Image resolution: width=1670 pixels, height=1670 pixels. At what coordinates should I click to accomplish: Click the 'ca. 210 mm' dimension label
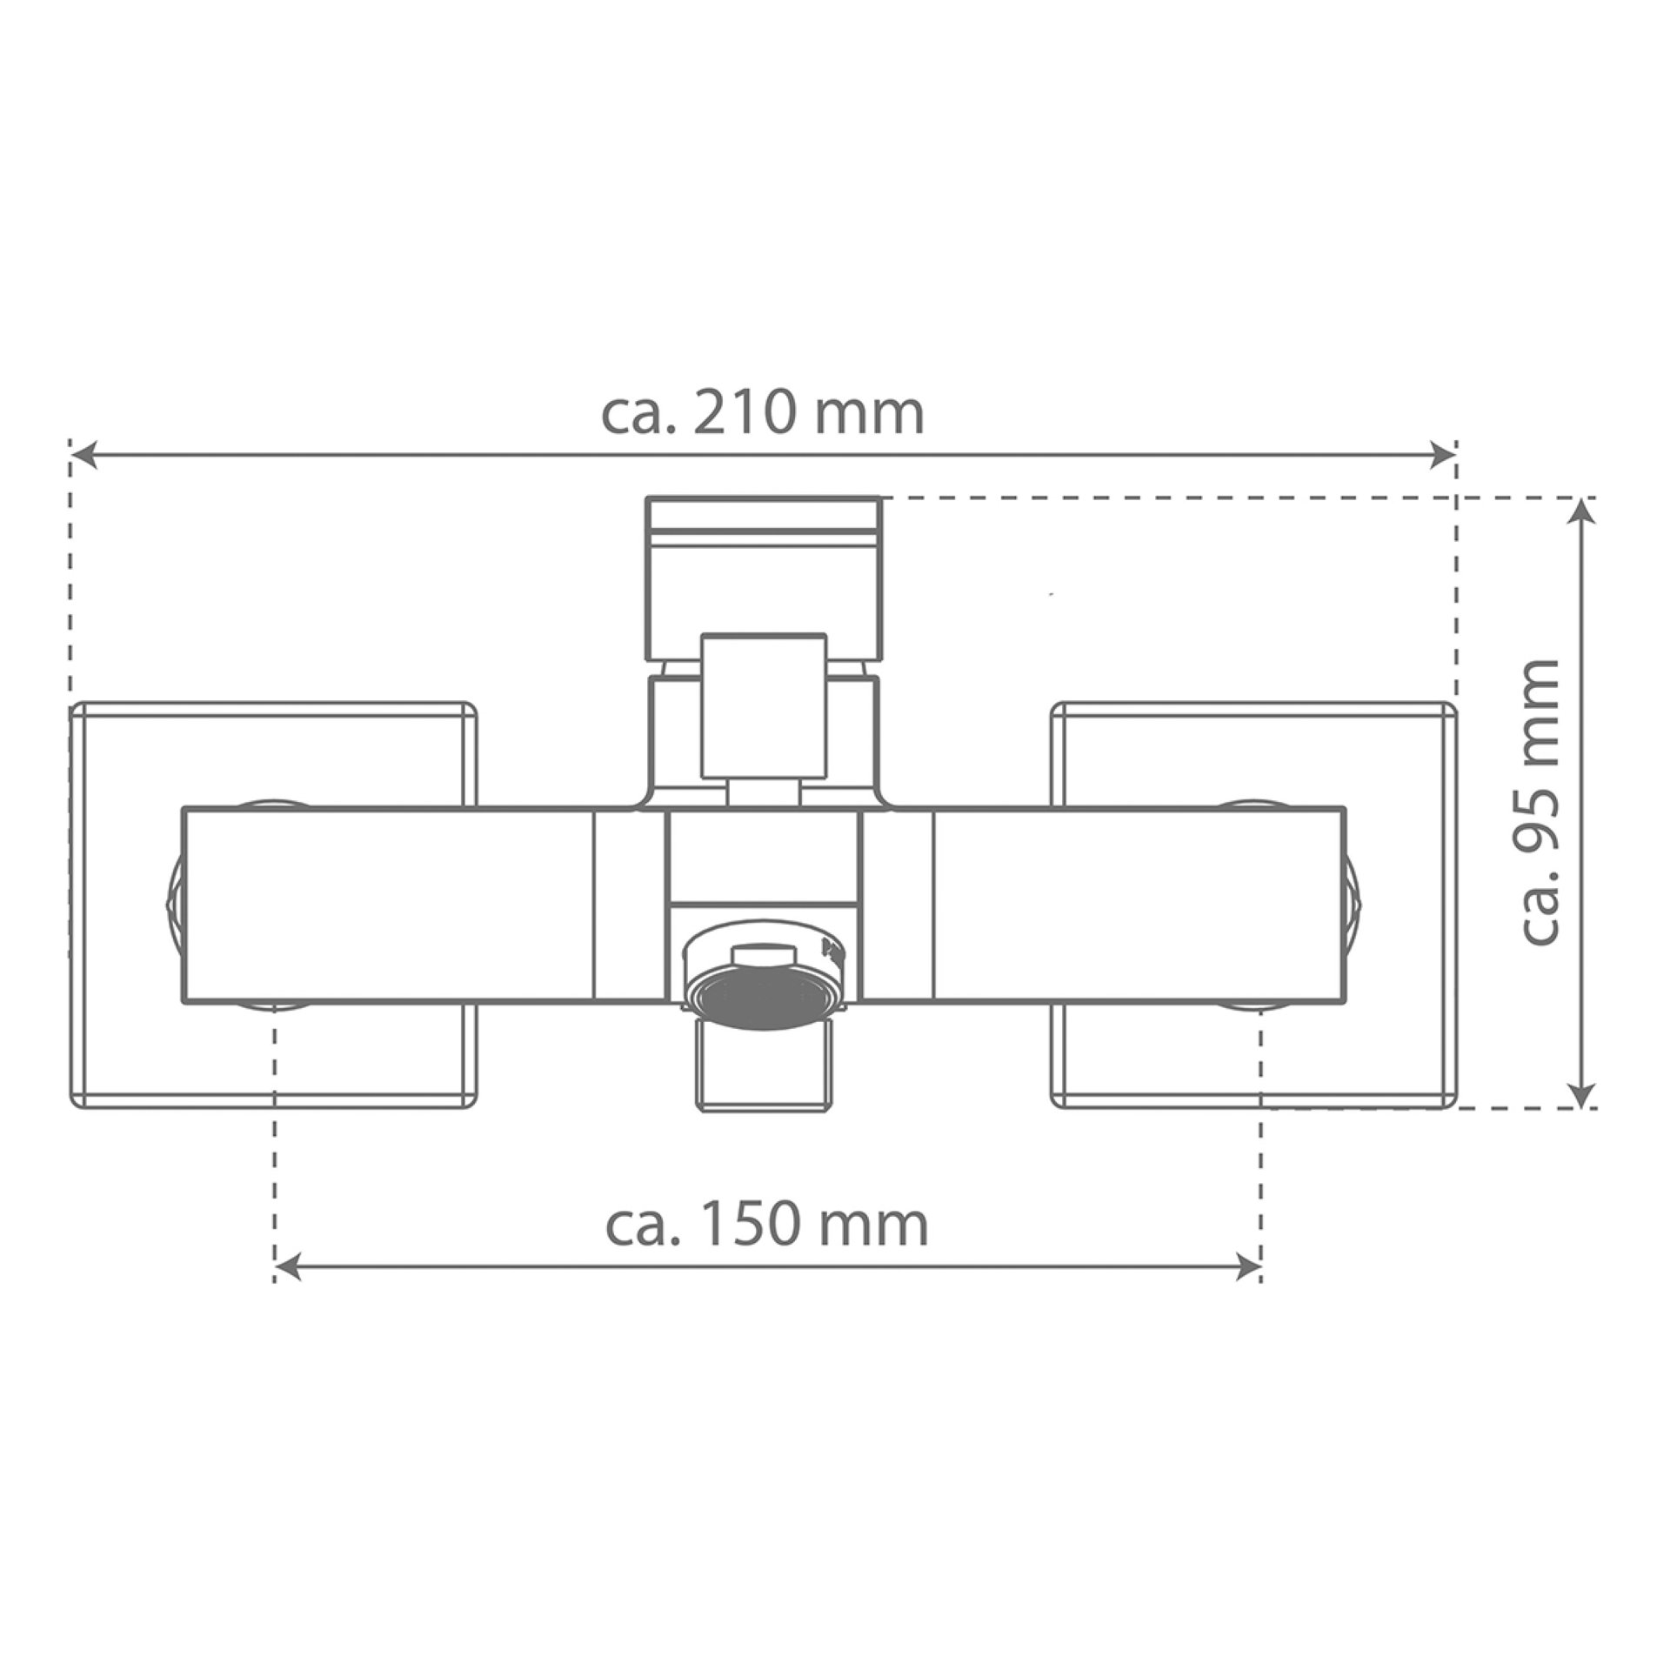click(763, 414)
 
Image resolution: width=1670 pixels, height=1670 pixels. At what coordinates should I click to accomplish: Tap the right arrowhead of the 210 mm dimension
click(1443, 454)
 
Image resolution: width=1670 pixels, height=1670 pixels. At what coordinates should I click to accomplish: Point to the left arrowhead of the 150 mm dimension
click(288, 1267)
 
